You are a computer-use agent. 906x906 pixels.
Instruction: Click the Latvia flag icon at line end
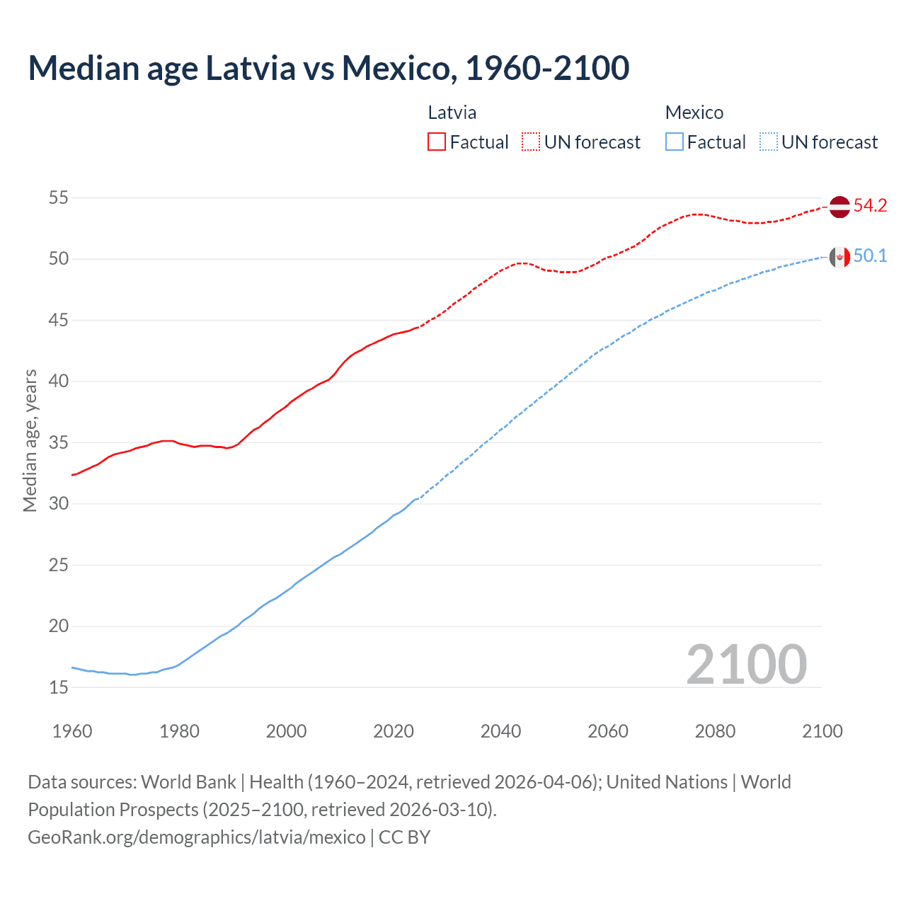[x=839, y=207]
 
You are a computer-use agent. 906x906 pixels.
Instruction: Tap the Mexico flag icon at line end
[x=839, y=257]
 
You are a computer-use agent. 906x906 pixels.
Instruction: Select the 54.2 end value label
[x=870, y=206]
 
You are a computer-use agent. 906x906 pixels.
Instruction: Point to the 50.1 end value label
[x=870, y=256]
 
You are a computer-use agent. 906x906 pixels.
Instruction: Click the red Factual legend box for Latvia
[x=437, y=142]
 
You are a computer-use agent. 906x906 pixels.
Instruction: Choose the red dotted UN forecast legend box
[x=531, y=142]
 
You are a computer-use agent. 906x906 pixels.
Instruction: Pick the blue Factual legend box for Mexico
[x=675, y=142]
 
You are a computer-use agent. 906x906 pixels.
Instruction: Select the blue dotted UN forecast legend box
[x=769, y=142]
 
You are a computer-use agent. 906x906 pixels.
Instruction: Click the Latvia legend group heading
[x=452, y=113]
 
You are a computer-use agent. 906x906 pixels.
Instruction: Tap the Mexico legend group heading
[x=694, y=113]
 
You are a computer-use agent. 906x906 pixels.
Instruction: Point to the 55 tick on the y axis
[x=59, y=197]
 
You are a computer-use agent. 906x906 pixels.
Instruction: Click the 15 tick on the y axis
[x=59, y=687]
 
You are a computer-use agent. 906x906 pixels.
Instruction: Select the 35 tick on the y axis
[x=59, y=442]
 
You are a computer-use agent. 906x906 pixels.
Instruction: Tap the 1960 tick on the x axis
[x=72, y=731]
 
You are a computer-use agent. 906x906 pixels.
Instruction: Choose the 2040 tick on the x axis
[x=500, y=731]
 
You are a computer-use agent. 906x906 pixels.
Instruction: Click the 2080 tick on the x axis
[x=715, y=731]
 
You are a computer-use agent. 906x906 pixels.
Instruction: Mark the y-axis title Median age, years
[x=30, y=440]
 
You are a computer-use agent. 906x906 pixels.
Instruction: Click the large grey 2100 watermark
[x=746, y=664]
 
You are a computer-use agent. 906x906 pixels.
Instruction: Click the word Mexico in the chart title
[x=395, y=68]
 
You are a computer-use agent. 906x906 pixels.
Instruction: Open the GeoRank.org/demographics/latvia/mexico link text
[x=197, y=837]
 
